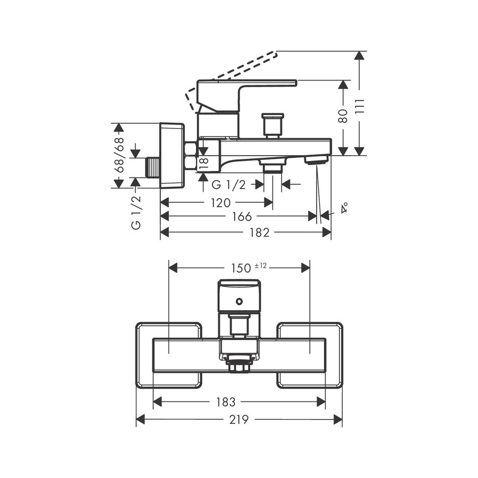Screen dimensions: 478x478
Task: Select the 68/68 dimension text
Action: tap(121, 156)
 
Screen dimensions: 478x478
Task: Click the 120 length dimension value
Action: tap(220, 202)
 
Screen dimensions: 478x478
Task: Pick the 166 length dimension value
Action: tap(242, 217)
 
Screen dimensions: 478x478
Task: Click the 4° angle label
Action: tap(344, 208)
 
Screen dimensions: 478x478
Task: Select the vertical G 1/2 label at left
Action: tap(136, 212)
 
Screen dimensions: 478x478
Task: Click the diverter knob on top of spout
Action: tap(272, 124)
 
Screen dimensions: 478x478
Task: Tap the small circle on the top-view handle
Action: tap(240, 303)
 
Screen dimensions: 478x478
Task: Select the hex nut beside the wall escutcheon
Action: tap(190, 155)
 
